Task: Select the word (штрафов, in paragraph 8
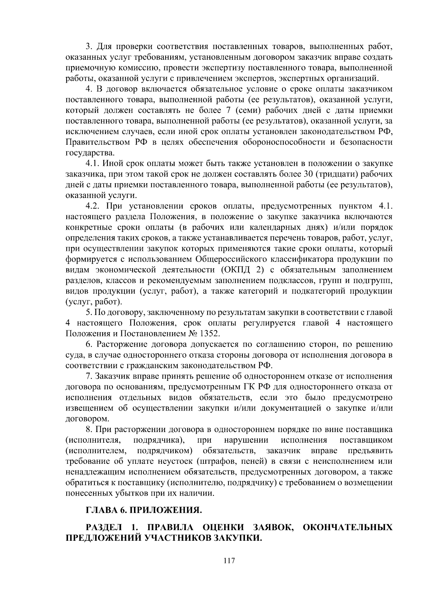click(213, 461)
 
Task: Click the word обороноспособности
click(283, 142)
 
